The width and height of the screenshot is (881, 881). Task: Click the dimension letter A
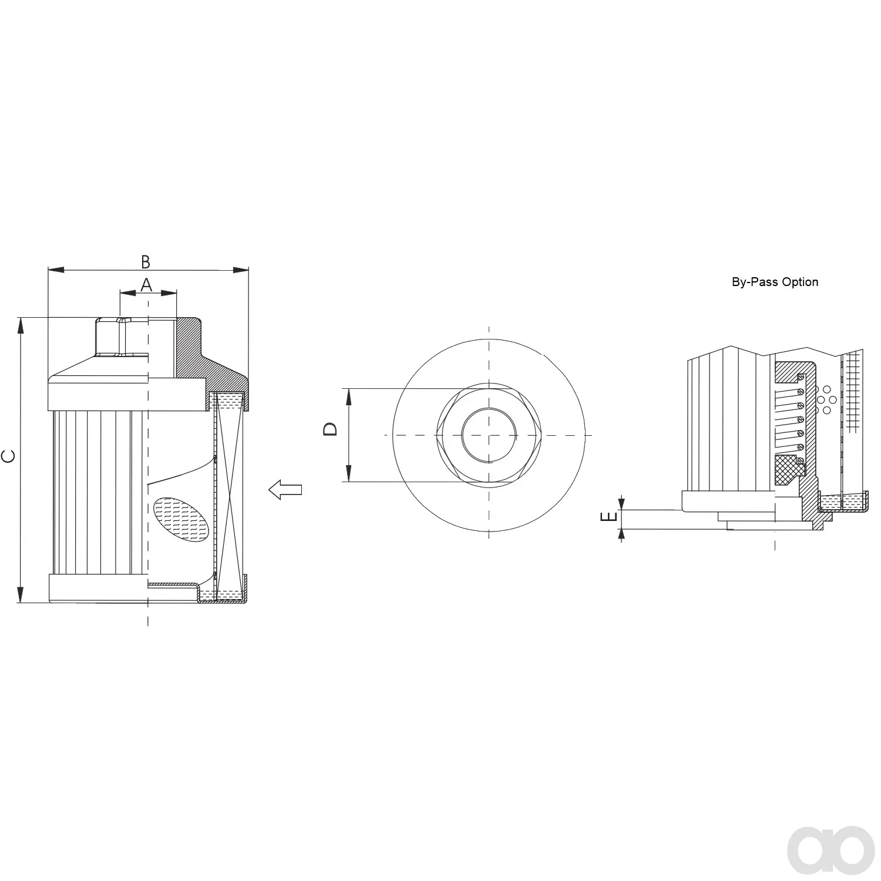(146, 285)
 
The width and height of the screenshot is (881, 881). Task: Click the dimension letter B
(146, 262)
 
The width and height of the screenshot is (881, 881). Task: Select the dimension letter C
(9, 457)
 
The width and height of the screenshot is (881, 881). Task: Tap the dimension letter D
(331, 429)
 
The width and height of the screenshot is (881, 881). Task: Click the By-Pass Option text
(775, 282)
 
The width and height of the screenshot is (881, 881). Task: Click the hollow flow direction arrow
(285, 489)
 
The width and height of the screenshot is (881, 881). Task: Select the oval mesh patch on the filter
(181, 519)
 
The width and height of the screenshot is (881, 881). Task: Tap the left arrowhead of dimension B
(56, 270)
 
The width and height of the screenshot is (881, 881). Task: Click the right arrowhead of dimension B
(241, 270)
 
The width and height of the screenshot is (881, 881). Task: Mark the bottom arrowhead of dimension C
(21, 594)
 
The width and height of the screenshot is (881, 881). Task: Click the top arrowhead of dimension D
(348, 397)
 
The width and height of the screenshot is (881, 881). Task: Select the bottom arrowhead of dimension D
(348, 473)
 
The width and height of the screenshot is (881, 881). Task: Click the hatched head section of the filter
(206, 358)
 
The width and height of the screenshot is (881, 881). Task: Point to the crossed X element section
(228, 497)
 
